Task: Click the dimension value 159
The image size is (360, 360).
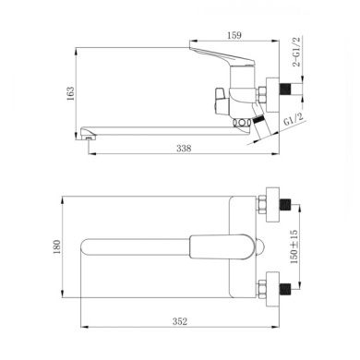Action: point(234,35)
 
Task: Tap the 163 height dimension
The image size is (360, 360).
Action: point(70,93)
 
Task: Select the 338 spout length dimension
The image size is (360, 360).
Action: point(184,149)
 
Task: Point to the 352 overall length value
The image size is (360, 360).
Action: point(180,321)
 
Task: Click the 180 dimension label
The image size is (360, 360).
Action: point(57,246)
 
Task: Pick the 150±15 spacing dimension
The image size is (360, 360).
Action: point(294,246)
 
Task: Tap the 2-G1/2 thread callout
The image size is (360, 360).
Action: point(296,52)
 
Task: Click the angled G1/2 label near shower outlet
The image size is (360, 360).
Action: point(294,119)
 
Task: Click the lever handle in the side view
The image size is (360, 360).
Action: point(222,57)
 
